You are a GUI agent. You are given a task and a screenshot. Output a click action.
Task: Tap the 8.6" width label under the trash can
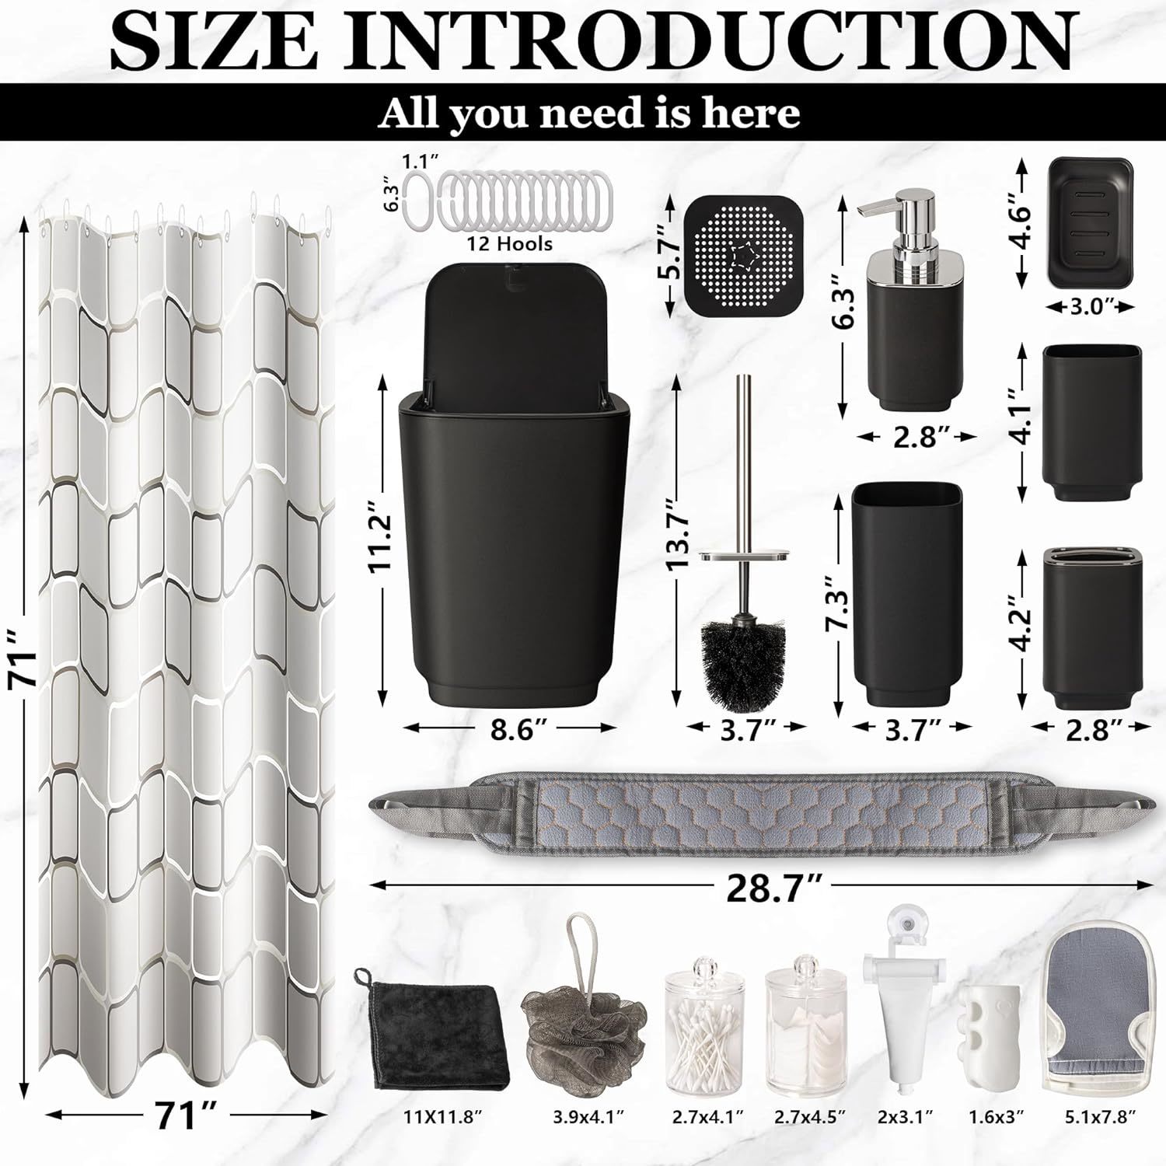[513, 730]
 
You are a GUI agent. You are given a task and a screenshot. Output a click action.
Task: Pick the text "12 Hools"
[510, 244]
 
